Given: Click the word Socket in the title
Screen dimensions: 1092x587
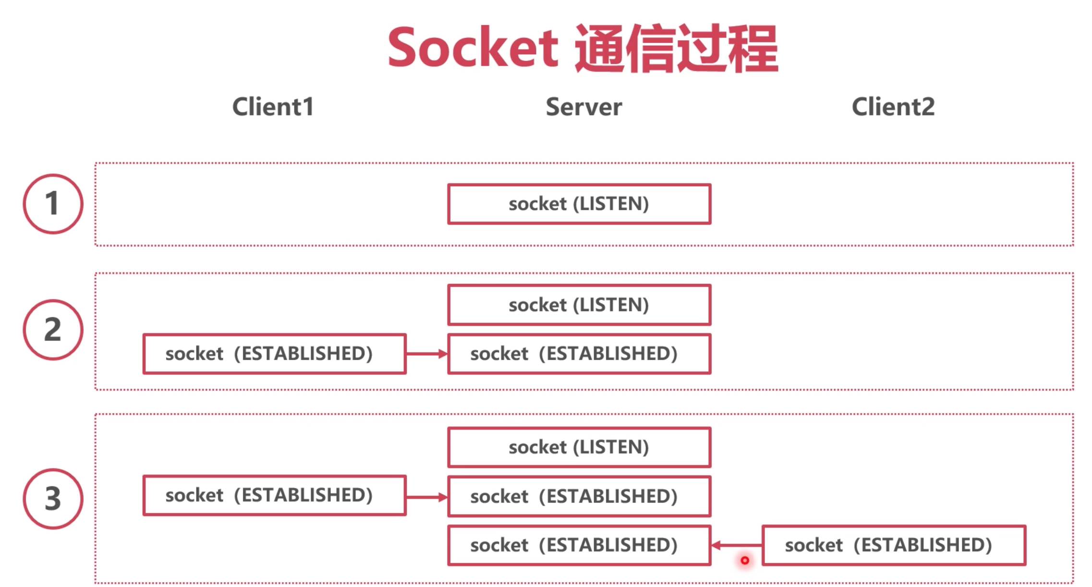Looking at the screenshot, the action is click(x=473, y=48).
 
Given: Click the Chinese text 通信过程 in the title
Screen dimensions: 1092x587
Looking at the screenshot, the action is click(x=676, y=48).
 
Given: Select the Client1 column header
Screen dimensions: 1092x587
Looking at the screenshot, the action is click(x=273, y=106).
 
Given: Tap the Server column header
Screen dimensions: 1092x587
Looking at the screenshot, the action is click(x=583, y=107).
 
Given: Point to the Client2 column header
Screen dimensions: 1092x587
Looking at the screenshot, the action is click(x=893, y=106).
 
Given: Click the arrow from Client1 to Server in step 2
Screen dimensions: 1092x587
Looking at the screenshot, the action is click(x=427, y=354).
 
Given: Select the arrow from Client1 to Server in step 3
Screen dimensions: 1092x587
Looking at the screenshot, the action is click(x=427, y=497).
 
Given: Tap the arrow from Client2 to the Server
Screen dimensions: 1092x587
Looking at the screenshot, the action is click(x=737, y=545).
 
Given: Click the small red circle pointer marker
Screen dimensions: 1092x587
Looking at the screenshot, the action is click(x=745, y=560).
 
